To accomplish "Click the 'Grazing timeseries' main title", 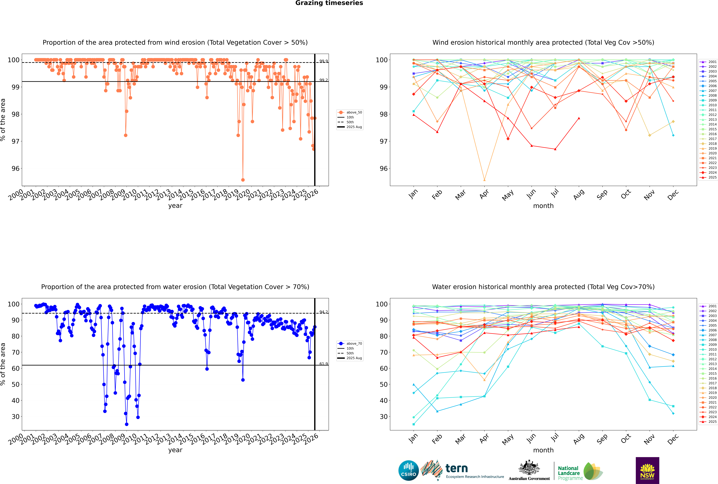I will click(329, 3).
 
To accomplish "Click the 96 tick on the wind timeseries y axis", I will click(15, 169).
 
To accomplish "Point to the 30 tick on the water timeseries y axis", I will click(15, 417).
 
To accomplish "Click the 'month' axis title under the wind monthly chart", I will click(543, 206).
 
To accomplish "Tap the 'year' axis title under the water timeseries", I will click(175, 450).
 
